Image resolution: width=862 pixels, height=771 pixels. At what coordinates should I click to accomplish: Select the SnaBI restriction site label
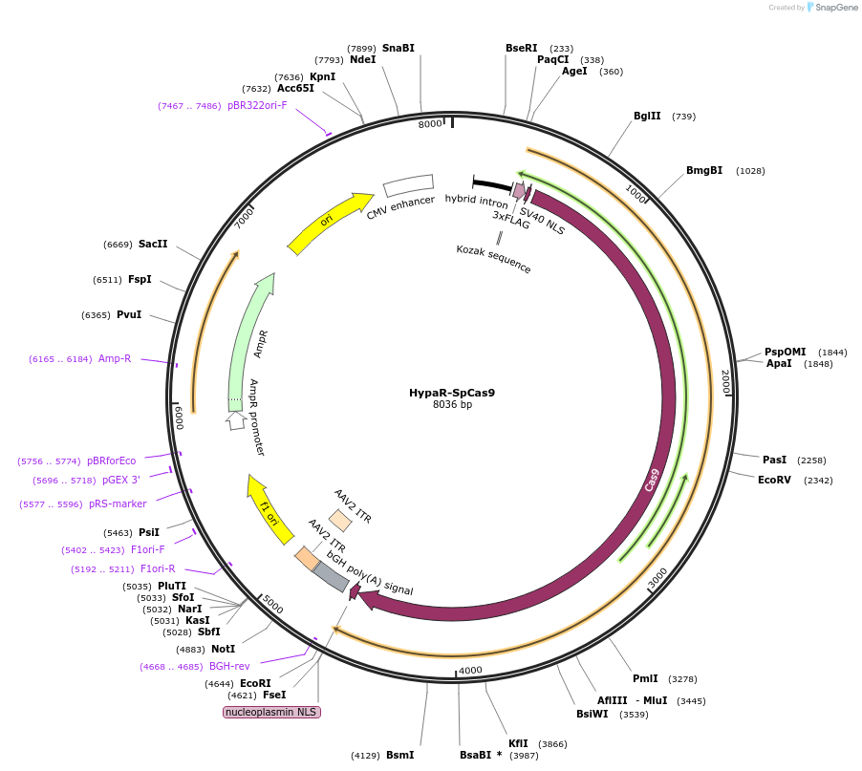pos(399,48)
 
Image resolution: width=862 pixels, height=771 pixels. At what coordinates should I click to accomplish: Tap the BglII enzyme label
pos(647,117)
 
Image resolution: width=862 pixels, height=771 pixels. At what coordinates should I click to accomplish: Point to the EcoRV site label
pos(774,480)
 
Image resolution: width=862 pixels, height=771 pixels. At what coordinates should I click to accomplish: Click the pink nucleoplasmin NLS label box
pos(272,712)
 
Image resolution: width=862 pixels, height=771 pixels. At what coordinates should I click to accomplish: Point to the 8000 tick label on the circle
pos(430,123)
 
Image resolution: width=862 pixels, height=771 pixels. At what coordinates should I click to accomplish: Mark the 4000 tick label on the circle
pos(470,671)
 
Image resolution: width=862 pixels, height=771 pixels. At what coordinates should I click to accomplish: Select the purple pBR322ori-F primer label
pos(257,105)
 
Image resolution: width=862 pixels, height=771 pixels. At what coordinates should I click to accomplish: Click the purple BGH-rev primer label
pos(229,666)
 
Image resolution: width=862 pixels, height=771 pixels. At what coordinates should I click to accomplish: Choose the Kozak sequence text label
pos(493,259)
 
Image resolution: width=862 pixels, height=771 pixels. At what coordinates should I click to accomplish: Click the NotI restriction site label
pos(223,649)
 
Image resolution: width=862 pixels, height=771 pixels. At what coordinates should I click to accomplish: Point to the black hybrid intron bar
pos(491,183)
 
